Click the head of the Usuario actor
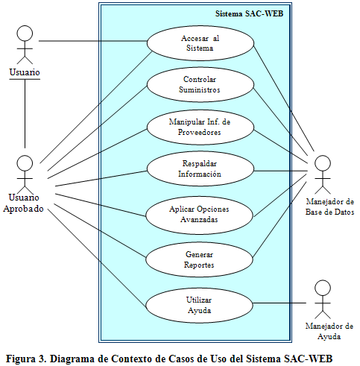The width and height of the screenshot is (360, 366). click(25, 34)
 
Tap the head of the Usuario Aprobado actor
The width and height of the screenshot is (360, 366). click(25, 163)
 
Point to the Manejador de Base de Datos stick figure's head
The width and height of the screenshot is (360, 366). click(323, 163)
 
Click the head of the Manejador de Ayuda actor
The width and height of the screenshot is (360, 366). click(323, 288)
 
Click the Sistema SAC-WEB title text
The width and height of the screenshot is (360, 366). click(249, 13)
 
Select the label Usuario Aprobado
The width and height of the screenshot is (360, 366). click(24, 203)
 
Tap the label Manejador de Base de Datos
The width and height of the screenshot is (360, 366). click(329, 206)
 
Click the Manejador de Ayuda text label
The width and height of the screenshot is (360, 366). click(329, 331)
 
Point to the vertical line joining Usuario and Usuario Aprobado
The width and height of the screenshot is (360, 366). click(25, 113)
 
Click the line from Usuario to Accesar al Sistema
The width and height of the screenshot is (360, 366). click(93, 41)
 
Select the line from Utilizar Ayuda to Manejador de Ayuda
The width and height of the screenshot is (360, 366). click(280, 303)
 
